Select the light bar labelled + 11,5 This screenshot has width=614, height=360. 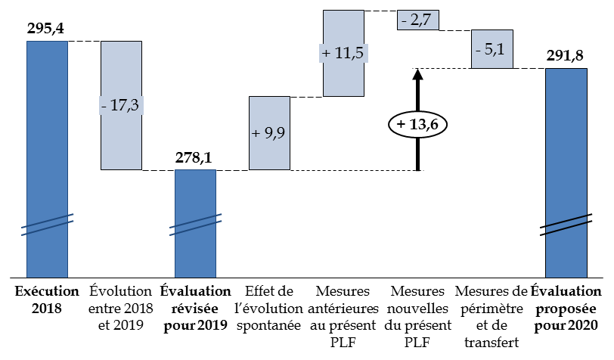343,79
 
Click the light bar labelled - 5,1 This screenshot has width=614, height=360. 492,61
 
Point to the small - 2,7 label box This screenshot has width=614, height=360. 417,20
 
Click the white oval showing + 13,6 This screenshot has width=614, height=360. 417,124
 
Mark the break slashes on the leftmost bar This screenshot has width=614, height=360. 47,225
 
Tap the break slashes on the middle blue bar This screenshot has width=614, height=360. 195,225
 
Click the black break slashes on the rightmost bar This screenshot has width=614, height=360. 566,225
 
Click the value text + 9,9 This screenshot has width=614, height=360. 269,133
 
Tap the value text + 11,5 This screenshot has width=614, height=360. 343,54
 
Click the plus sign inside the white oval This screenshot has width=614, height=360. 401,124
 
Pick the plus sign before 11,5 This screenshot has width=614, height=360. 326,54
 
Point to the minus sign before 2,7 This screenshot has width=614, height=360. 405,20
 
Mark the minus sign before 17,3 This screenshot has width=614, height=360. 104,105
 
